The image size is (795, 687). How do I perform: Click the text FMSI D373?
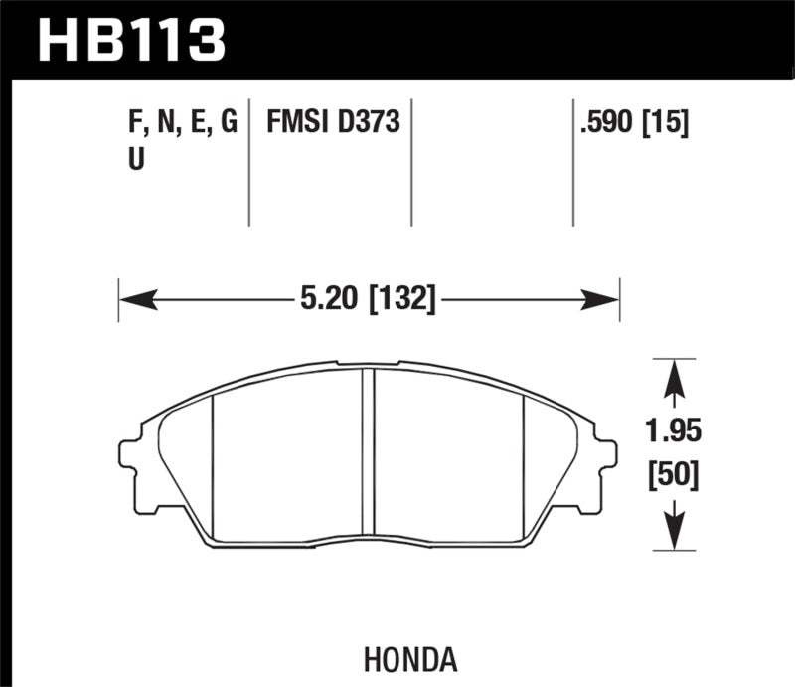point(332,123)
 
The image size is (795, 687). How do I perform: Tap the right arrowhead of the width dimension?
point(605,297)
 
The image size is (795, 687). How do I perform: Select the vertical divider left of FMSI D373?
point(248,164)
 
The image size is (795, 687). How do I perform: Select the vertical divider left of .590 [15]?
point(573,164)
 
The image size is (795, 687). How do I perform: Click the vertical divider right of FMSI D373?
point(410,164)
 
